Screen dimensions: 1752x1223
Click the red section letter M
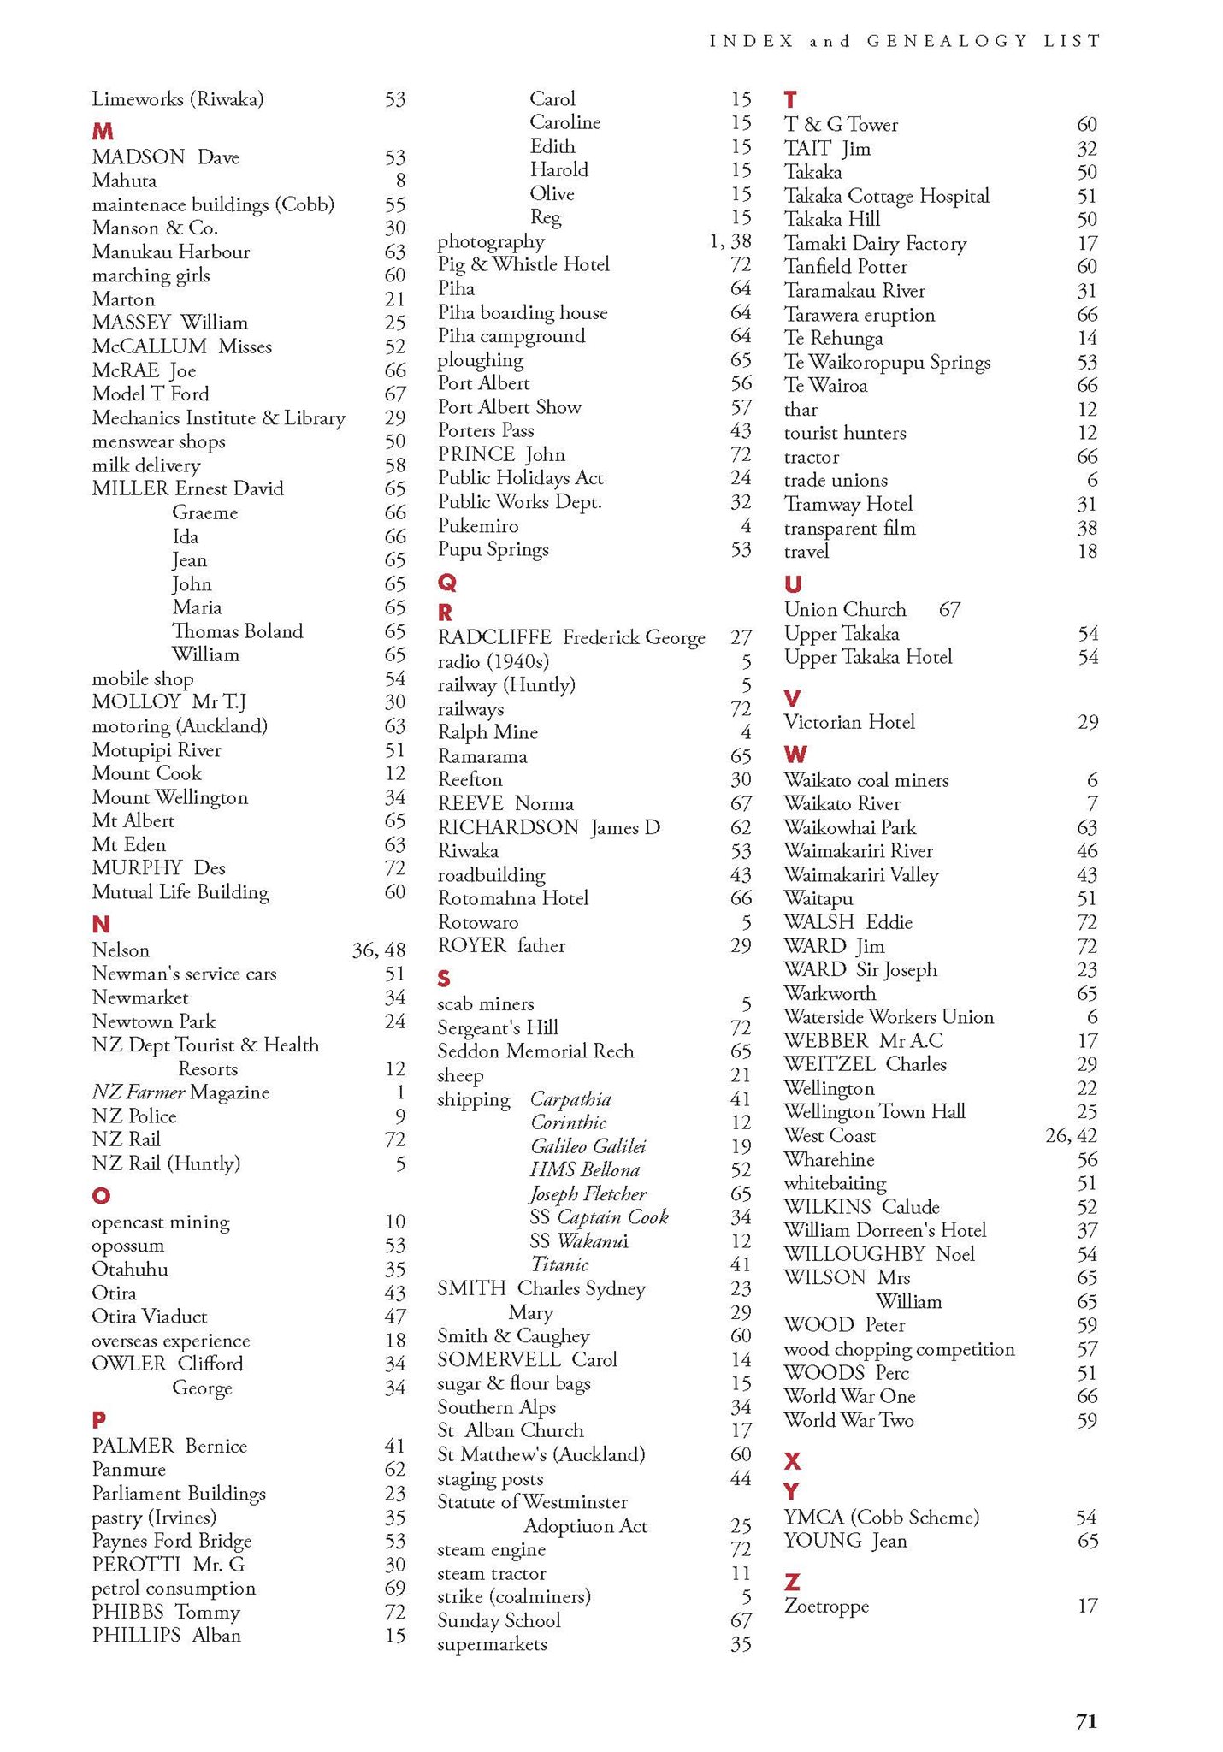[103, 132]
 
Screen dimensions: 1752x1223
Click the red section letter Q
[446, 583]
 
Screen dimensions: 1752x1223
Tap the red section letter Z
[792, 1582]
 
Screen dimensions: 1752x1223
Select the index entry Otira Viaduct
[150, 1317]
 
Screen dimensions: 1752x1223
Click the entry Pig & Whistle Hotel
[523, 264]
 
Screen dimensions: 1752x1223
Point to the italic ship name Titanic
[559, 1264]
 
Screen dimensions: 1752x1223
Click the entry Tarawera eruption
[860, 315]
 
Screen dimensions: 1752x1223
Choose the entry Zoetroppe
[826, 1607]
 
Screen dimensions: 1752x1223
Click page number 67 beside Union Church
[949, 610]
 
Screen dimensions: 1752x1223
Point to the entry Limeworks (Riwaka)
[178, 99]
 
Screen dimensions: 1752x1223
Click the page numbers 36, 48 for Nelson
[379, 950]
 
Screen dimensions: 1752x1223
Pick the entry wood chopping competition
[899, 1349]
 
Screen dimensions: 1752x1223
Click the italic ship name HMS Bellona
[584, 1170]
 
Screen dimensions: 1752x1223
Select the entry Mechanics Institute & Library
[219, 418]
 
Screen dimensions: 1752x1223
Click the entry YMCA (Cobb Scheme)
[882, 1517]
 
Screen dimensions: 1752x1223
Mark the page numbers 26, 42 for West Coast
[1071, 1135]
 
